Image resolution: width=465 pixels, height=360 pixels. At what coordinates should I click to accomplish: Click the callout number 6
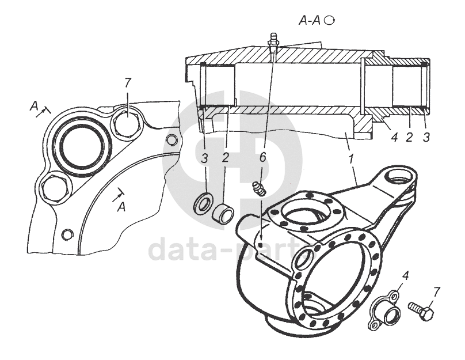(262, 157)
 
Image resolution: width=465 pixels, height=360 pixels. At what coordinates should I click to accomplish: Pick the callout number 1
(352, 157)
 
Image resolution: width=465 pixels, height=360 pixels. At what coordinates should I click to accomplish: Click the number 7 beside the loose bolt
(437, 291)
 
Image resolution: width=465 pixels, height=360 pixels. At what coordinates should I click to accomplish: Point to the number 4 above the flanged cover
(405, 275)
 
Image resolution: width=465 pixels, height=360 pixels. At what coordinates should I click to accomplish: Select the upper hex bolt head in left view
(125, 122)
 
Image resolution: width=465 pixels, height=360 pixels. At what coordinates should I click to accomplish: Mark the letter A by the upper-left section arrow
(35, 106)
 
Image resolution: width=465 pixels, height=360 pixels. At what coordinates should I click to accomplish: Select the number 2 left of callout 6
(226, 157)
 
